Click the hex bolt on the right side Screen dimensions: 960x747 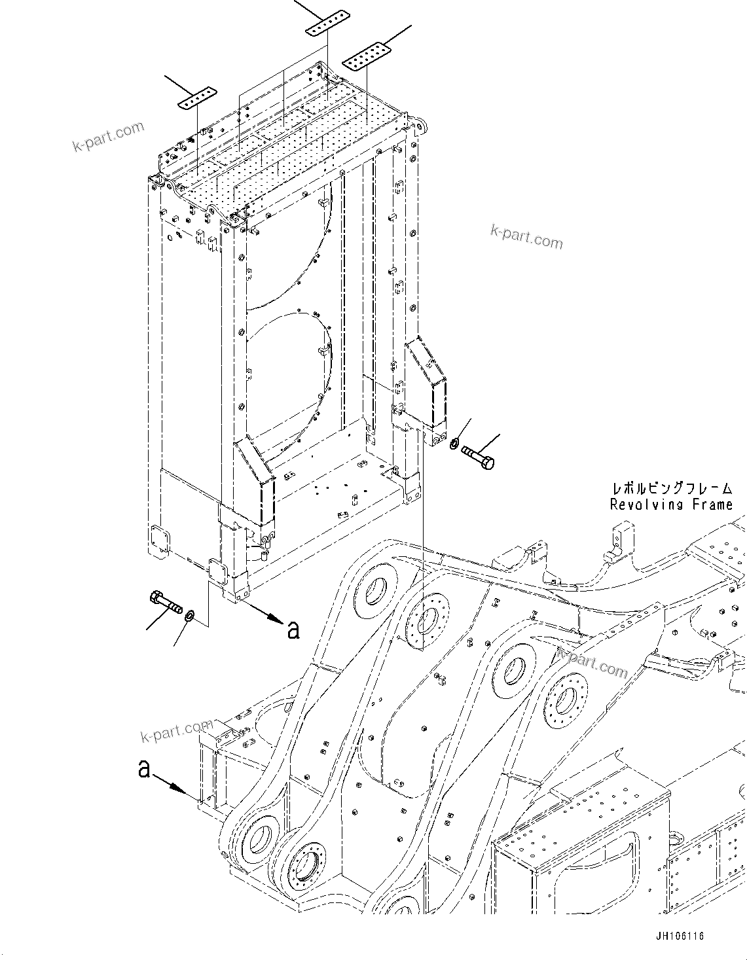[x=478, y=455]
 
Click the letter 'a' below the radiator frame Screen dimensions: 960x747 [x=293, y=629]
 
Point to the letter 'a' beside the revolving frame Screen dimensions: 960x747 [x=144, y=768]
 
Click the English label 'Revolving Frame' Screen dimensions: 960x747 [x=671, y=505]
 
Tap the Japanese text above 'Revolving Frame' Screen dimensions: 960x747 [x=671, y=488]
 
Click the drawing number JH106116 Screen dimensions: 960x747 [x=679, y=936]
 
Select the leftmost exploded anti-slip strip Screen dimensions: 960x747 [x=196, y=97]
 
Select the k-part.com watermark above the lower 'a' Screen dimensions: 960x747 [x=177, y=730]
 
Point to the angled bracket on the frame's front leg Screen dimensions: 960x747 [x=255, y=480]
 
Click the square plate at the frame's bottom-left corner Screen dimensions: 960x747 [x=159, y=539]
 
